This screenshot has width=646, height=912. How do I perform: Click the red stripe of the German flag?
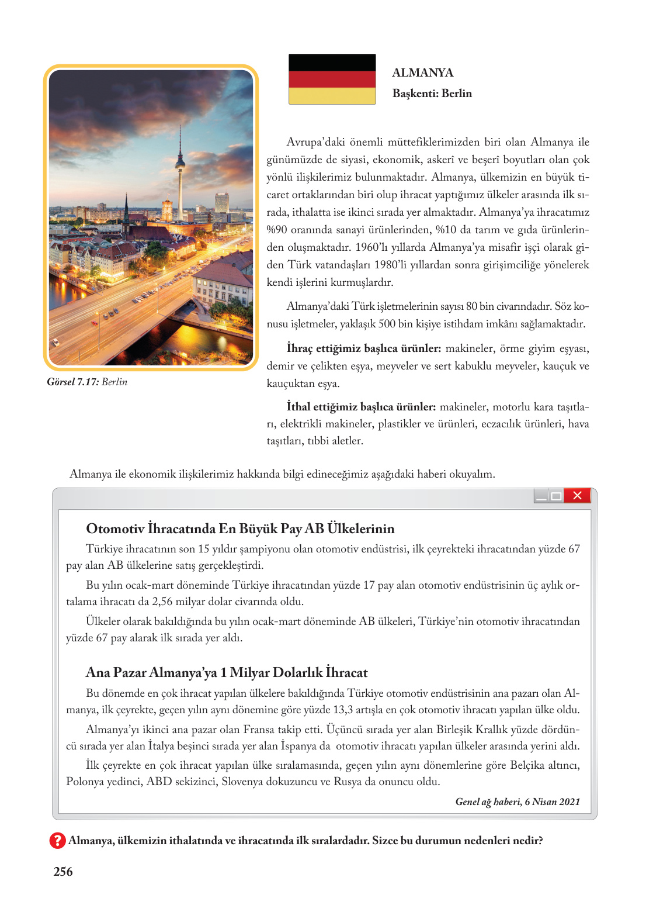(332, 80)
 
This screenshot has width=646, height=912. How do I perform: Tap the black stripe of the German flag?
(332, 63)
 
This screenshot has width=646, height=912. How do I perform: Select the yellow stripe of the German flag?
(332, 96)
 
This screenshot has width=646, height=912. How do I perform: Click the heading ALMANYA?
(422, 72)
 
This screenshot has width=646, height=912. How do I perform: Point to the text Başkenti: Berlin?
(432, 94)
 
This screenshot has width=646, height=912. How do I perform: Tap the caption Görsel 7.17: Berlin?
(87, 382)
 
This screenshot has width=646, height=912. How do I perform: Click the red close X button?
(577, 496)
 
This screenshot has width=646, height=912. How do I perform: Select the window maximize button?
(556, 496)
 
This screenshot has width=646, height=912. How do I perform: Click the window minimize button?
(541, 496)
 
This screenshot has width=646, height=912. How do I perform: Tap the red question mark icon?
(57, 841)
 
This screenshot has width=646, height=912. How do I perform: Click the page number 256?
(63, 872)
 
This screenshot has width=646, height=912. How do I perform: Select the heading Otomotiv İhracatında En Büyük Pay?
(240, 528)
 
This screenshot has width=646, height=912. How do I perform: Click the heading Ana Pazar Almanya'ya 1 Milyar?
(227, 672)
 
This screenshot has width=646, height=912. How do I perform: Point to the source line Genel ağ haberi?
(518, 802)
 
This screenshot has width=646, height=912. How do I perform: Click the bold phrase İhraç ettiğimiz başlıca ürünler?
(363, 348)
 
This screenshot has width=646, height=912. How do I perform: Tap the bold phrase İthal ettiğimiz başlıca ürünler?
(361, 407)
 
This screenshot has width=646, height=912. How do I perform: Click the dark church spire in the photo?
(126, 209)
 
